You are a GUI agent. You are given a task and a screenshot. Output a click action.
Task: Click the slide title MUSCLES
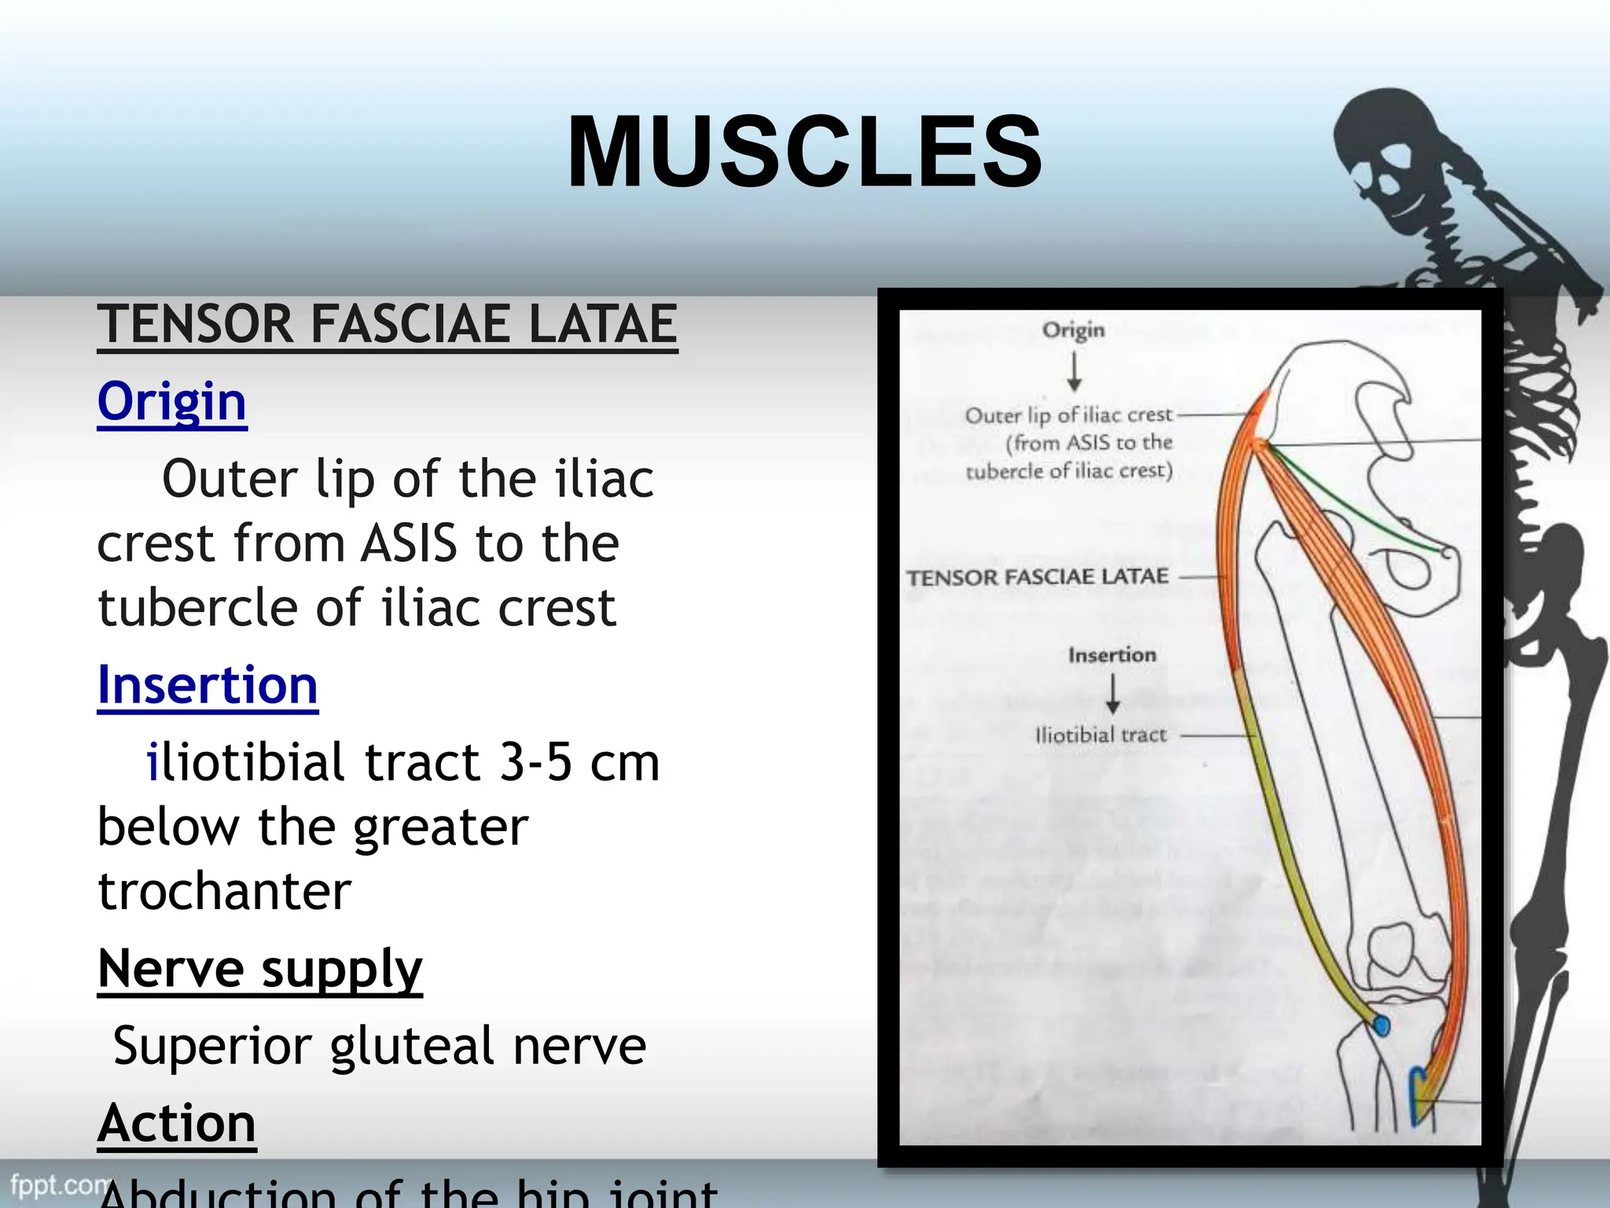point(804,151)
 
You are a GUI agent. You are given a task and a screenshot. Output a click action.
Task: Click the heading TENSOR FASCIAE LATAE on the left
point(387,324)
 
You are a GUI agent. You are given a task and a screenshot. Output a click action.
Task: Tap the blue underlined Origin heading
point(172,401)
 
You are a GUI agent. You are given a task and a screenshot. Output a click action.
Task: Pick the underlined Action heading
point(177,1122)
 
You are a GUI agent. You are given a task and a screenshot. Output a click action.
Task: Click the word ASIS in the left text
point(408,543)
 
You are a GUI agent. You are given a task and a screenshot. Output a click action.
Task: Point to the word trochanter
point(224,891)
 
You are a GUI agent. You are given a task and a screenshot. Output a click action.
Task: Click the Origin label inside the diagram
point(1073,330)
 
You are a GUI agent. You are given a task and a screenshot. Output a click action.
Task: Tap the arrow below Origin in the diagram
point(1074,370)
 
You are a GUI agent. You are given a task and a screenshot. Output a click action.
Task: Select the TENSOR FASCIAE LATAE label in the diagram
point(1038,577)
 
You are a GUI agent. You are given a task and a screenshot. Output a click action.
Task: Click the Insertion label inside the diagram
point(1112,654)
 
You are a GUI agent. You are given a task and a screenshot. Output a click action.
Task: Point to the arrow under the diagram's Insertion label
point(1112,694)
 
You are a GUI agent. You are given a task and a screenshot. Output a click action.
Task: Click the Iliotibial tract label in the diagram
point(1101,735)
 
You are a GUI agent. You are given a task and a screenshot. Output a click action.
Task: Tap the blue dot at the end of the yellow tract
point(1381,1026)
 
